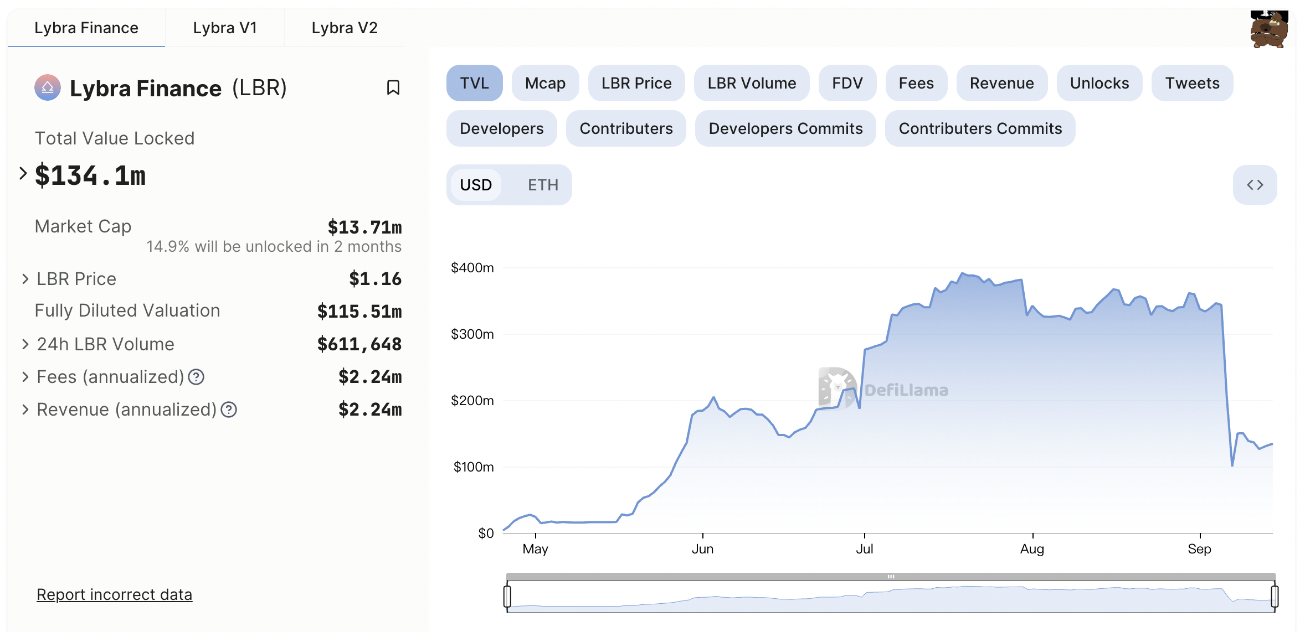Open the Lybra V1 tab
tap(225, 28)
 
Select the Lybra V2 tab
tap(344, 28)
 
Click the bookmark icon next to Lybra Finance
tap(393, 87)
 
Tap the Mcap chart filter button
tap(545, 83)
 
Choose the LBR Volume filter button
tap(751, 83)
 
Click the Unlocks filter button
tap(1099, 83)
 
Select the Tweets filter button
tap(1192, 83)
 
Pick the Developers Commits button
tap(785, 128)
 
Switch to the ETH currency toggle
tap(543, 185)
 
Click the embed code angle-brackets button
tap(1255, 185)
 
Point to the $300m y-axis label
tap(472, 334)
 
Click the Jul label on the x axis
tap(864, 549)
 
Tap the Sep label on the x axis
tap(1199, 549)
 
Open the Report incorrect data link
tap(114, 594)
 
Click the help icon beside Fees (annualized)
tap(196, 377)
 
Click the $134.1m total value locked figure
tap(90, 175)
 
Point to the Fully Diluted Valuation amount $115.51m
tap(359, 311)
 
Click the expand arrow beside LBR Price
tap(25, 279)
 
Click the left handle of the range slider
tap(507, 597)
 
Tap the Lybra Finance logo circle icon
tap(48, 87)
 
